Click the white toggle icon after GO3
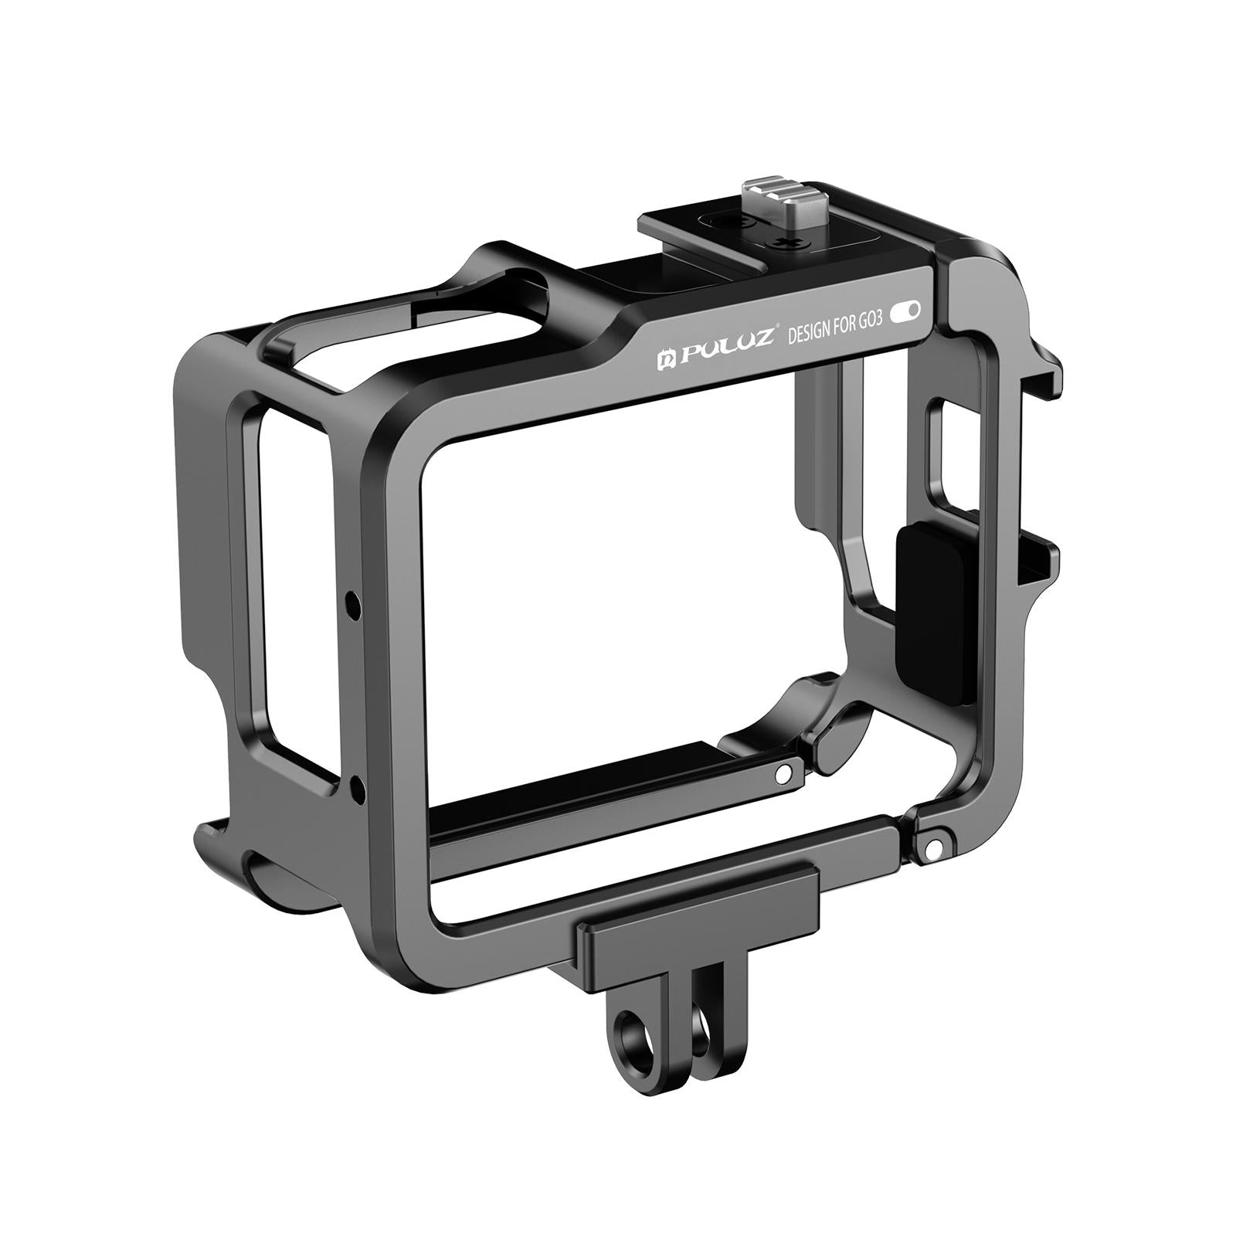coord(906,311)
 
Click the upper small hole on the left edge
coord(352,600)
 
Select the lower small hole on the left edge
coord(357,788)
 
